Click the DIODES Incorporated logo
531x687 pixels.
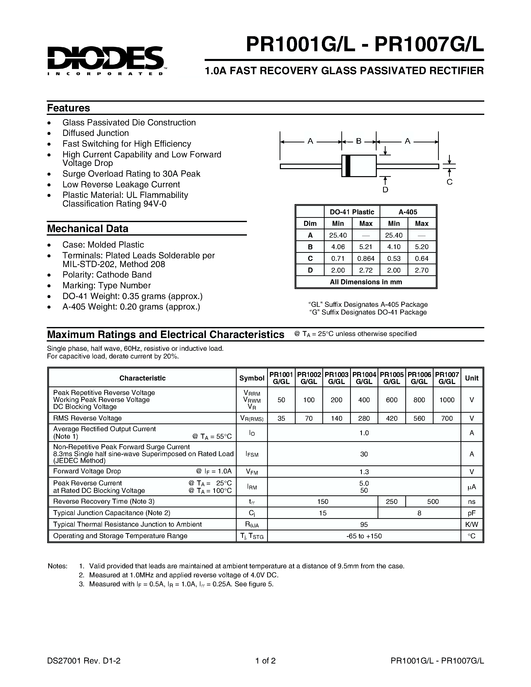[x=105, y=60]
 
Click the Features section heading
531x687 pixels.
[x=68, y=108]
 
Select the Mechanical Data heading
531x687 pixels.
[x=88, y=228]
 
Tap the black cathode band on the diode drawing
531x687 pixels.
[x=348, y=166]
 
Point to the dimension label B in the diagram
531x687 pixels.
[x=359, y=141]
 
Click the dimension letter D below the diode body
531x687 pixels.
[x=385, y=190]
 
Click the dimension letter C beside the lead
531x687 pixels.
[x=450, y=182]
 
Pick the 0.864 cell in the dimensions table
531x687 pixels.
[x=366, y=259]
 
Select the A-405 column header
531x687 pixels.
[x=408, y=212]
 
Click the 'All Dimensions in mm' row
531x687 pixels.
[x=366, y=282]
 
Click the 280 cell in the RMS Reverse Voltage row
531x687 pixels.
[x=364, y=418]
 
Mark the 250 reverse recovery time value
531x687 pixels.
[x=392, y=502]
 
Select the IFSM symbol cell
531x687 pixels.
[x=252, y=454]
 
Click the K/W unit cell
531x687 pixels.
[x=472, y=525]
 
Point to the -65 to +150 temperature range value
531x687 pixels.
[x=364, y=536]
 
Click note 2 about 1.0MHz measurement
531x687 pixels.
[x=184, y=575]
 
